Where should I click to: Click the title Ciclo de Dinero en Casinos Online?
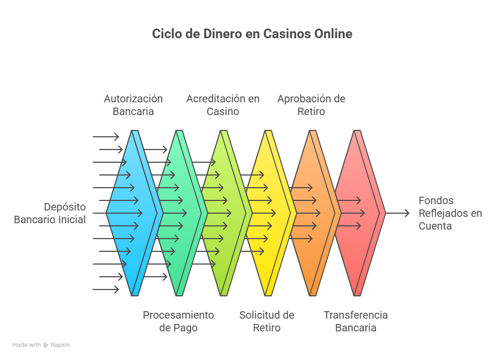tap(252, 34)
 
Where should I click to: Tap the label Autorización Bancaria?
tap(133, 105)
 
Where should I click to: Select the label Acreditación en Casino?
tap(223, 105)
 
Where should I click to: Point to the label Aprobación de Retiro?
tap(311, 105)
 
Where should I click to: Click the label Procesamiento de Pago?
tap(178, 321)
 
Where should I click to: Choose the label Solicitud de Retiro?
tap(266, 321)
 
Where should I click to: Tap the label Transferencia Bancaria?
tap(355, 321)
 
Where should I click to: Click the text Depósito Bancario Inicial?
tap(50, 213)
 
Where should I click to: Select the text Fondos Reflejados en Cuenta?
tap(450, 213)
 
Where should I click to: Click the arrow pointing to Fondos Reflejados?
tap(398, 213)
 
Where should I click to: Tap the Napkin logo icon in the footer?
tap(46, 345)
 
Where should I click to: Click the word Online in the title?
tap(333, 34)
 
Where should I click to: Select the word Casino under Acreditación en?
tap(223, 112)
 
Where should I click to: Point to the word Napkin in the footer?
tap(60, 345)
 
